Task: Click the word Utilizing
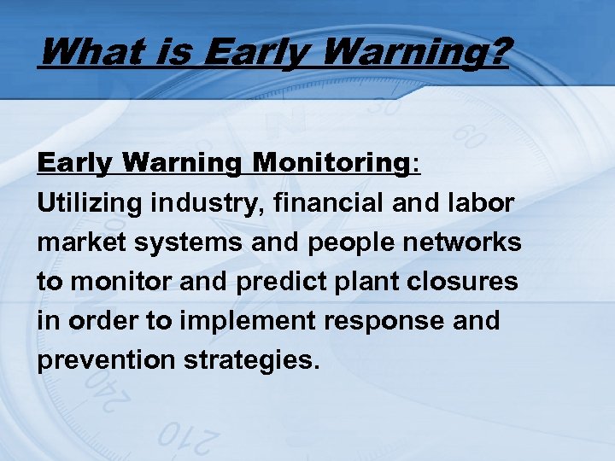tap(91, 203)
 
